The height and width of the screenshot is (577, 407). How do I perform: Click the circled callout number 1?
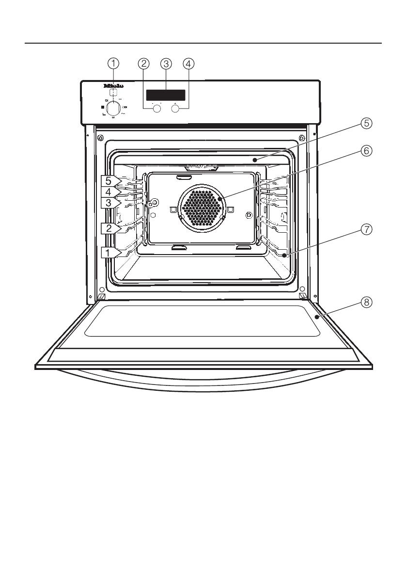click(x=113, y=63)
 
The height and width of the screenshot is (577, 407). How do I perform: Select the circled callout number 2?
click(x=143, y=63)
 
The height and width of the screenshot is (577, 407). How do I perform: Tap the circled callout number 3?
click(x=166, y=63)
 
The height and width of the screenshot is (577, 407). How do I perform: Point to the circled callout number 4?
click(x=188, y=63)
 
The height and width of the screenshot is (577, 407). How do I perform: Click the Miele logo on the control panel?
click(x=113, y=86)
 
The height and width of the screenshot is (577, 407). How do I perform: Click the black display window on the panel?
click(x=166, y=95)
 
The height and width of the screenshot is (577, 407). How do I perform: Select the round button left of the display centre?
click(x=157, y=109)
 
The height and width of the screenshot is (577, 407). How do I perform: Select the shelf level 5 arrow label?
click(x=110, y=181)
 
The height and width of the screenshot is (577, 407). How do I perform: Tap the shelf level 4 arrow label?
click(x=110, y=192)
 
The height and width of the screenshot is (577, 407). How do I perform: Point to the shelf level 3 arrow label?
click(x=110, y=203)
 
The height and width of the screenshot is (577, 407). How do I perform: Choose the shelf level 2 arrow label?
click(x=110, y=228)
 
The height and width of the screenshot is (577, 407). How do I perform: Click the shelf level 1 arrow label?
click(x=110, y=252)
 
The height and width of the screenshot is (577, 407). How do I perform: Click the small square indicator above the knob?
click(x=113, y=93)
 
